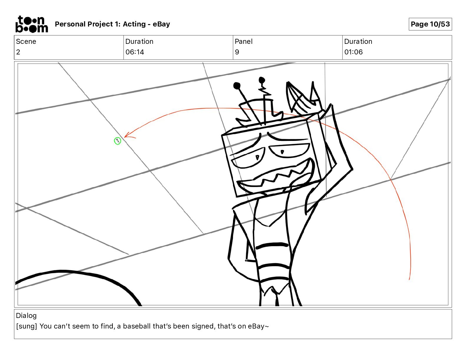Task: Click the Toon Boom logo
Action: (x=31, y=24)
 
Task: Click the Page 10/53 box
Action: (x=430, y=24)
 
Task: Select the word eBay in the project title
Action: (x=161, y=24)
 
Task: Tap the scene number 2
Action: (x=18, y=52)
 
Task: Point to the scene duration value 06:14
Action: (x=134, y=52)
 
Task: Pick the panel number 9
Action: (x=237, y=52)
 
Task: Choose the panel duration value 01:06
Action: (x=353, y=52)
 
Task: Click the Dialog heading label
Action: (x=26, y=316)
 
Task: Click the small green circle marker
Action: (x=117, y=141)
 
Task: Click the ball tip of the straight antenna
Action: (x=237, y=86)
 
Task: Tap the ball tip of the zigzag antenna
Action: (x=262, y=80)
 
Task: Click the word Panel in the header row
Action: (x=243, y=41)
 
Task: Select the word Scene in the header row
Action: (x=26, y=41)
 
